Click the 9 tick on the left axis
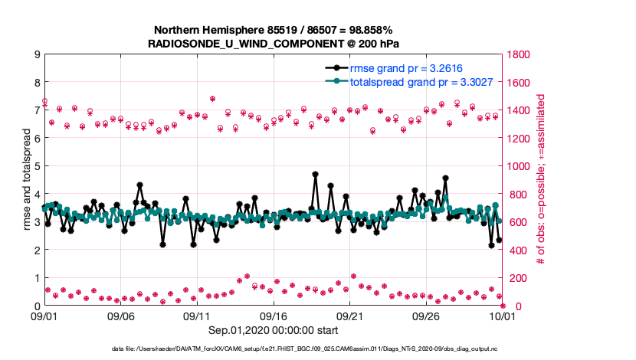click(36, 54)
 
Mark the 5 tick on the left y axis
click(36, 166)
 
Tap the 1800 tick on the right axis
click(520, 54)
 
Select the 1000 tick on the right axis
click(520, 166)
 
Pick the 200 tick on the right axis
click(517, 278)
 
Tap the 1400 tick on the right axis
click(520, 110)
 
